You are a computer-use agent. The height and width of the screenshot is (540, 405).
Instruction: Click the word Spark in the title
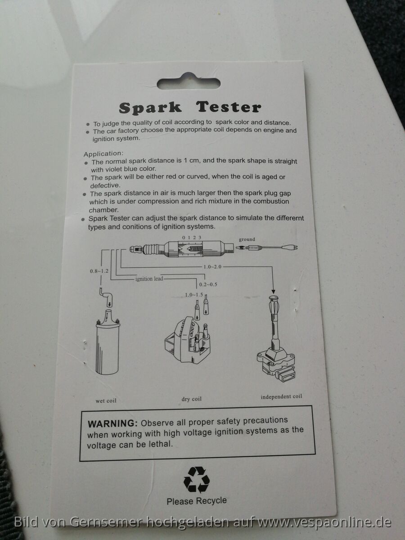[x=150, y=108]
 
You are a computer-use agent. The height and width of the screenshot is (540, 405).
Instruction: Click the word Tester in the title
[x=229, y=107]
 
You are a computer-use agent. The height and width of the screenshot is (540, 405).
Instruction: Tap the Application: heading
[x=103, y=154]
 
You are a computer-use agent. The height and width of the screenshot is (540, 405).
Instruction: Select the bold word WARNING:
[x=112, y=423]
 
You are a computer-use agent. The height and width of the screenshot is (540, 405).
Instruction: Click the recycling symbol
[x=197, y=480]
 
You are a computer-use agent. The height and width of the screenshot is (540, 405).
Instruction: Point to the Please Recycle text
[x=197, y=501]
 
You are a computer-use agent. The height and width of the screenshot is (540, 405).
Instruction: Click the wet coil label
[x=106, y=401]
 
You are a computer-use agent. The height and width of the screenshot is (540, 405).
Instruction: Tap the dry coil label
[x=192, y=399]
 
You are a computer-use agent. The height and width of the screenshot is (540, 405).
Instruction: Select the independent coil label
[x=281, y=396]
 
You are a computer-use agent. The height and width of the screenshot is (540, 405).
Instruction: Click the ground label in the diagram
[x=247, y=239]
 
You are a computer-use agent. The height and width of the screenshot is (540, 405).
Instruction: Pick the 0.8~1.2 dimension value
[x=99, y=271]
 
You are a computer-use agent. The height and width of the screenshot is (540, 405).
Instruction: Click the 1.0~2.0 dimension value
[x=212, y=267]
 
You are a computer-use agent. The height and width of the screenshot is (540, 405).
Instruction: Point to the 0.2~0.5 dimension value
[x=208, y=285]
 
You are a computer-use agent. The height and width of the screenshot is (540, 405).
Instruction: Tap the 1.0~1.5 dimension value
[x=194, y=295]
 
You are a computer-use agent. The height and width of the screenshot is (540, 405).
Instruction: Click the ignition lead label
[x=149, y=279]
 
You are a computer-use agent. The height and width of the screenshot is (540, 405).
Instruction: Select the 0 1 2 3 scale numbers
[x=192, y=238]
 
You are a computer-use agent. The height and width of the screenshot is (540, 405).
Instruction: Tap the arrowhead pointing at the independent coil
[x=273, y=292]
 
